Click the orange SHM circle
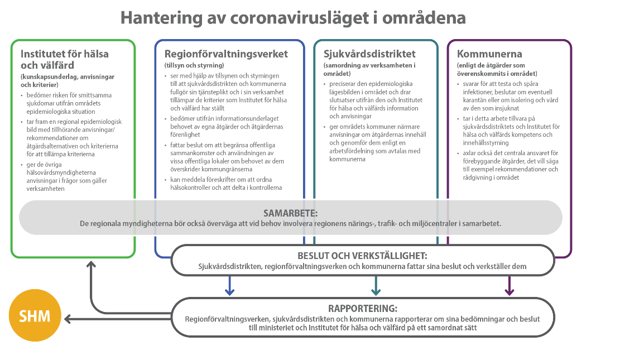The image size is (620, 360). (35, 316)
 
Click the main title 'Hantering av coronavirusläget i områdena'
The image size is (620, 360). (293, 17)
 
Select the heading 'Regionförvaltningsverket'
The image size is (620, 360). (226, 54)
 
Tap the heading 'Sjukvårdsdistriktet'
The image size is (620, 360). (369, 54)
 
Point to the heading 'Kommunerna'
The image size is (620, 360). (489, 54)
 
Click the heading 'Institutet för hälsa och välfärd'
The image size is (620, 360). (65, 60)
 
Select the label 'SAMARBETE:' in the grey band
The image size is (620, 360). (290, 214)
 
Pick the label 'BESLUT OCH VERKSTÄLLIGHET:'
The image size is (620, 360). (362, 256)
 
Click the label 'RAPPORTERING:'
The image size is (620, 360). (363, 308)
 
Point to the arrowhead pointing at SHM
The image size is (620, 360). (69, 319)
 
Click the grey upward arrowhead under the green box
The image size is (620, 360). (90, 265)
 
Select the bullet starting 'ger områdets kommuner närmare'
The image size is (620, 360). (371, 143)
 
